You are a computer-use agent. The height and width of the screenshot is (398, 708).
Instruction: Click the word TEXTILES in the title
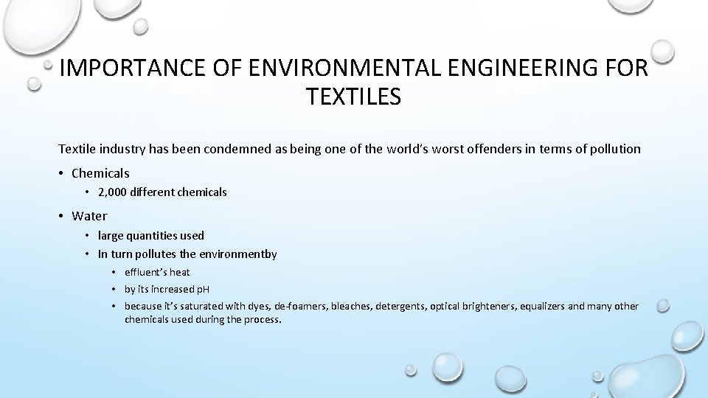click(353, 97)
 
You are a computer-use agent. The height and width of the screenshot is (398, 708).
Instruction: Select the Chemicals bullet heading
click(100, 174)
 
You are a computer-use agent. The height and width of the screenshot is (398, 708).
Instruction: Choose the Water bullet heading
click(89, 217)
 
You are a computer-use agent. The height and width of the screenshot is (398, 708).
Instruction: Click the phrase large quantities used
click(151, 236)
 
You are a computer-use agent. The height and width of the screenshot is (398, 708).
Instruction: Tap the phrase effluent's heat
click(157, 272)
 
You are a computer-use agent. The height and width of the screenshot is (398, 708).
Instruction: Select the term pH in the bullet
click(202, 290)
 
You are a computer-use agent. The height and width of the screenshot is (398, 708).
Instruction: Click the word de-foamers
click(301, 307)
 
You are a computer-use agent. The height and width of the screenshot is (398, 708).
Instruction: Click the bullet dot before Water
click(61, 217)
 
